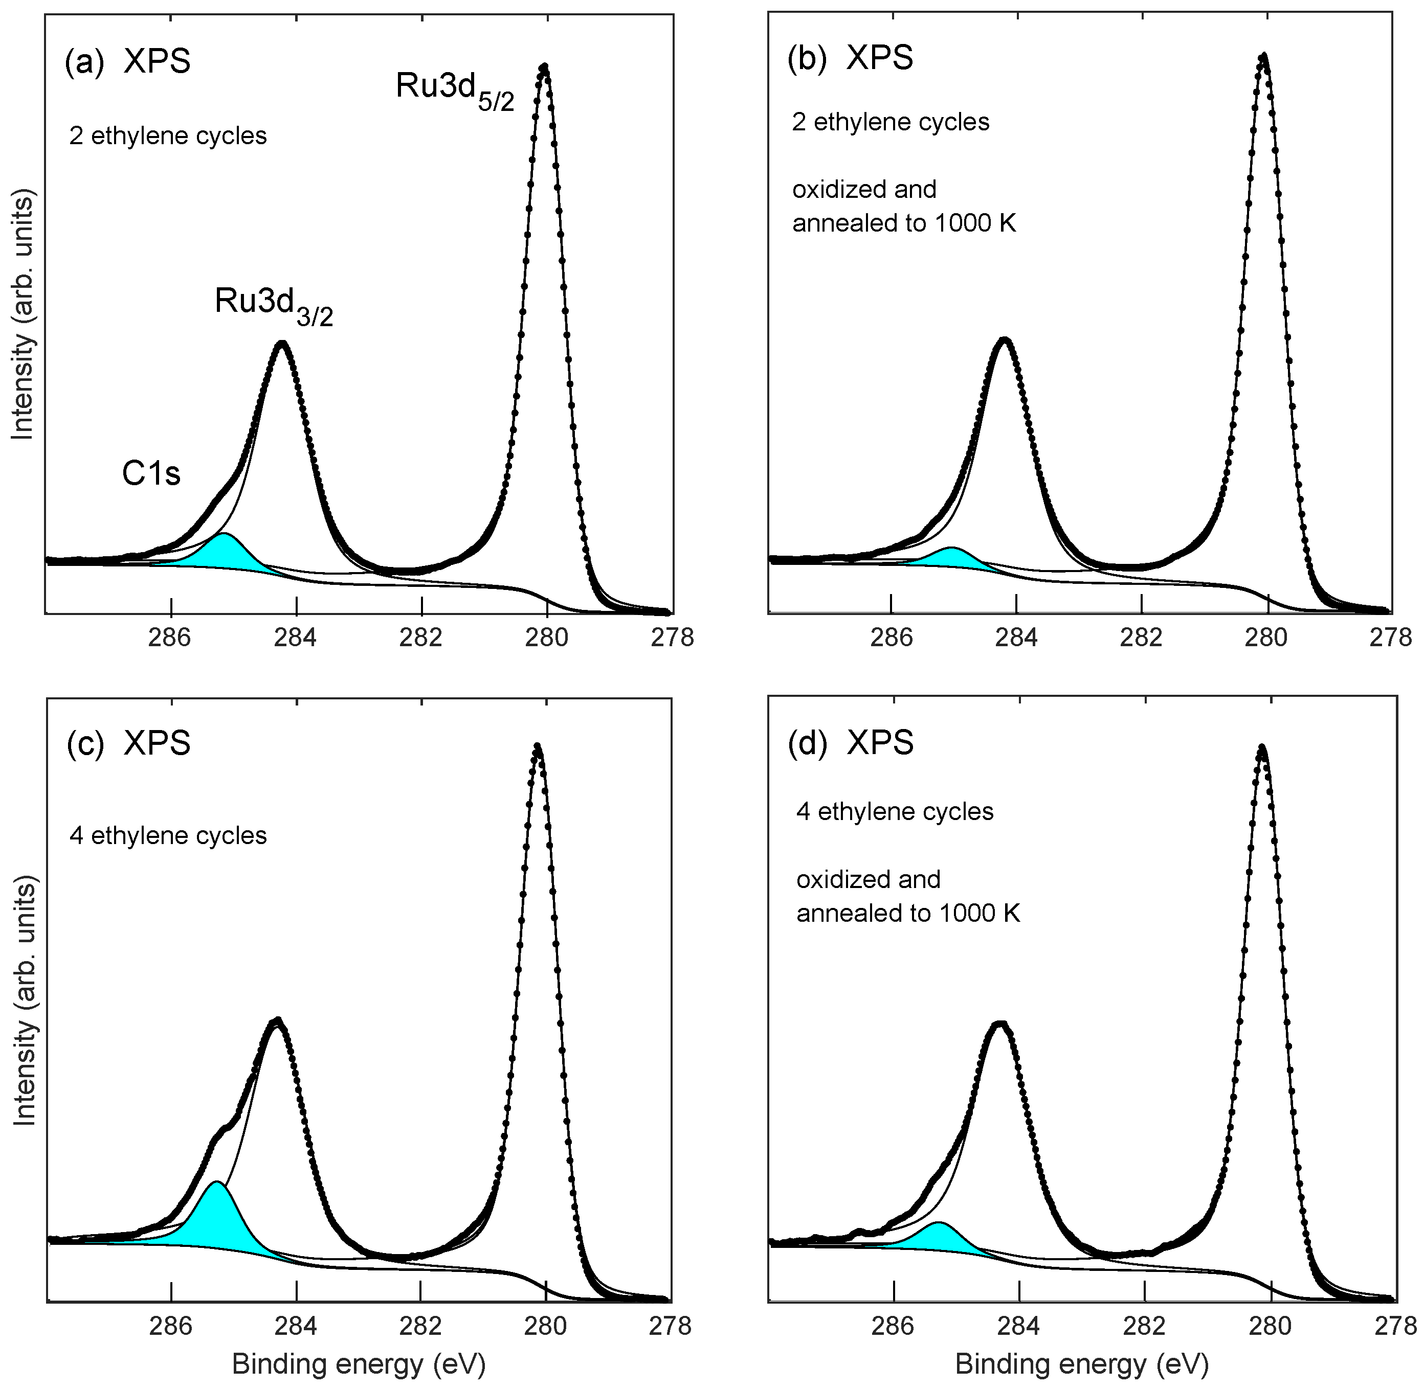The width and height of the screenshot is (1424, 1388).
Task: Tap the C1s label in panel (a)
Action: [150, 474]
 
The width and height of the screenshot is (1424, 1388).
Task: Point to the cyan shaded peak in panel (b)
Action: [951, 558]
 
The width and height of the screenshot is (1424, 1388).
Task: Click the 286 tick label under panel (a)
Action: [169, 637]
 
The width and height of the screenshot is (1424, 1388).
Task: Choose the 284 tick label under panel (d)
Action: [1018, 1325]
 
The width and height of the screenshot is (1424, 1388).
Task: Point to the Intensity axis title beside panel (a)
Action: [24, 315]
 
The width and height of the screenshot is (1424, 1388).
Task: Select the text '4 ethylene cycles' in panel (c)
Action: [168, 835]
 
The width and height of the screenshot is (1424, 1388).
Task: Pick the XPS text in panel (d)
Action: [880, 743]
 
